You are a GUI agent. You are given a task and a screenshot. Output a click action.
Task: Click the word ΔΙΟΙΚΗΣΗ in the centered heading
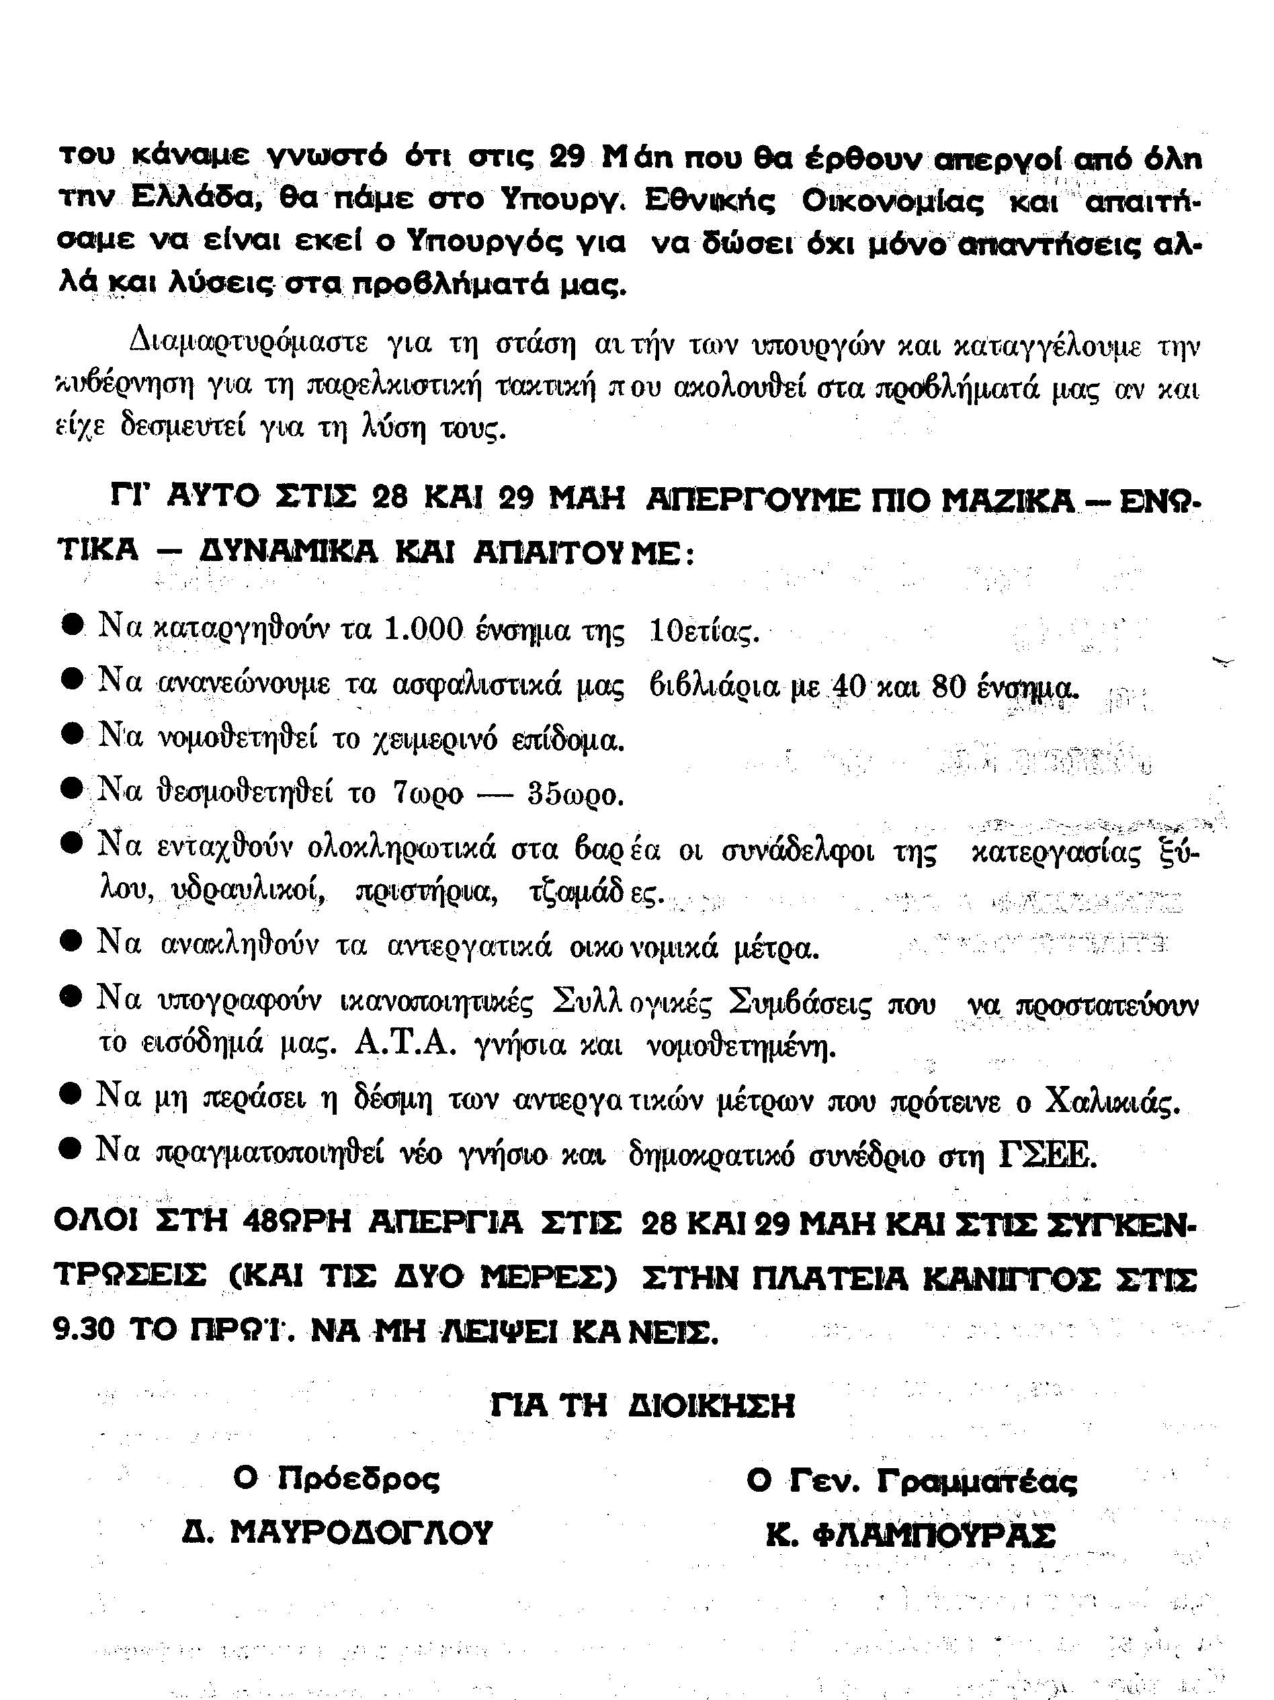(x=712, y=1406)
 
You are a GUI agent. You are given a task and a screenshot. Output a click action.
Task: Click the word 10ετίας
(x=704, y=632)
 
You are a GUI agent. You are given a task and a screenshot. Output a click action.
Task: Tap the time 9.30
(x=84, y=1330)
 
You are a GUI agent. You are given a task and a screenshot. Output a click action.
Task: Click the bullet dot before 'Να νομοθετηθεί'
(x=72, y=736)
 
